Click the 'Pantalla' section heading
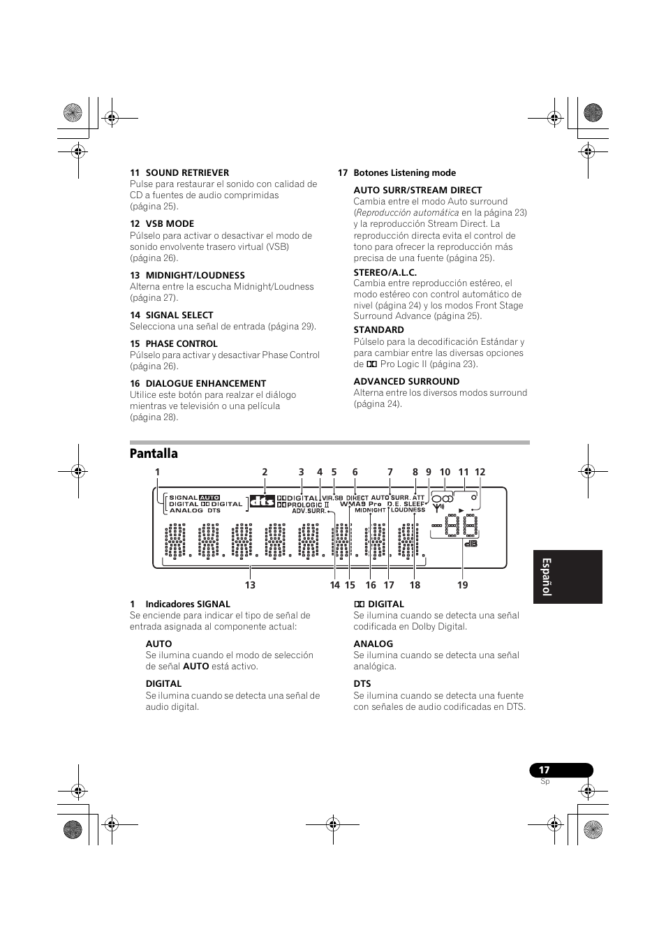(x=154, y=454)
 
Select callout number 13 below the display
(x=250, y=585)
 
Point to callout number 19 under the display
(x=462, y=585)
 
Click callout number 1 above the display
(x=158, y=473)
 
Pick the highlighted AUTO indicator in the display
(x=209, y=498)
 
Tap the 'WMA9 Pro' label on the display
(x=360, y=504)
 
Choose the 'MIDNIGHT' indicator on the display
(x=370, y=510)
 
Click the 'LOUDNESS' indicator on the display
(x=408, y=510)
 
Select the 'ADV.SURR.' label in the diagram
(x=309, y=511)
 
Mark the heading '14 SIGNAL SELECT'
(x=171, y=315)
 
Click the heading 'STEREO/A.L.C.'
(x=385, y=272)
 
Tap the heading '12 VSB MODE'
(x=162, y=224)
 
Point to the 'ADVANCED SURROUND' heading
(x=406, y=382)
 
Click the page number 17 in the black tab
(x=545, y=771)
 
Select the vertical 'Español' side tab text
(x=547, y=577)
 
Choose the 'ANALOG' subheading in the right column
(x=373, y=644)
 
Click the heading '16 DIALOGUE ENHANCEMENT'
(x=198, y=384)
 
